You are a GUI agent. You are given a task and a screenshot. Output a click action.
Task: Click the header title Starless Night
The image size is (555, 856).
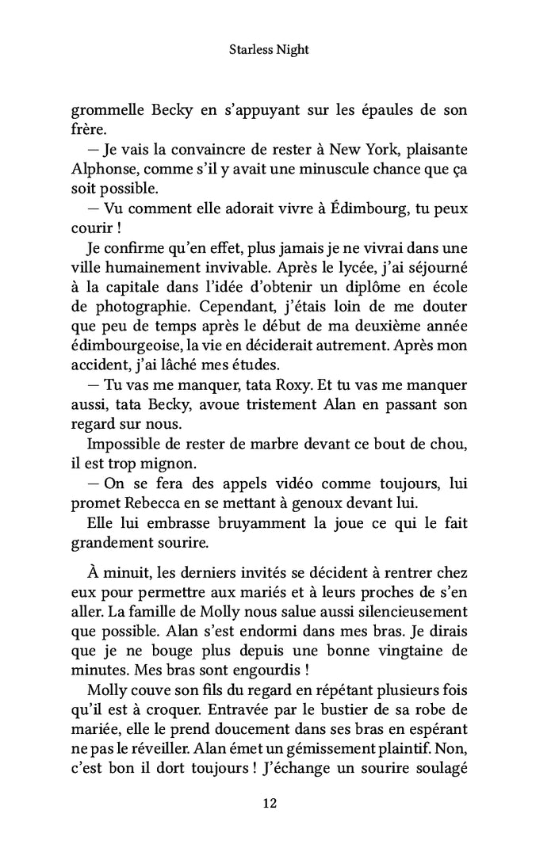tap(269, 49)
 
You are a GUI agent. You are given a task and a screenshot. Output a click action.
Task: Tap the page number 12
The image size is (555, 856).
tap(269, 803)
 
